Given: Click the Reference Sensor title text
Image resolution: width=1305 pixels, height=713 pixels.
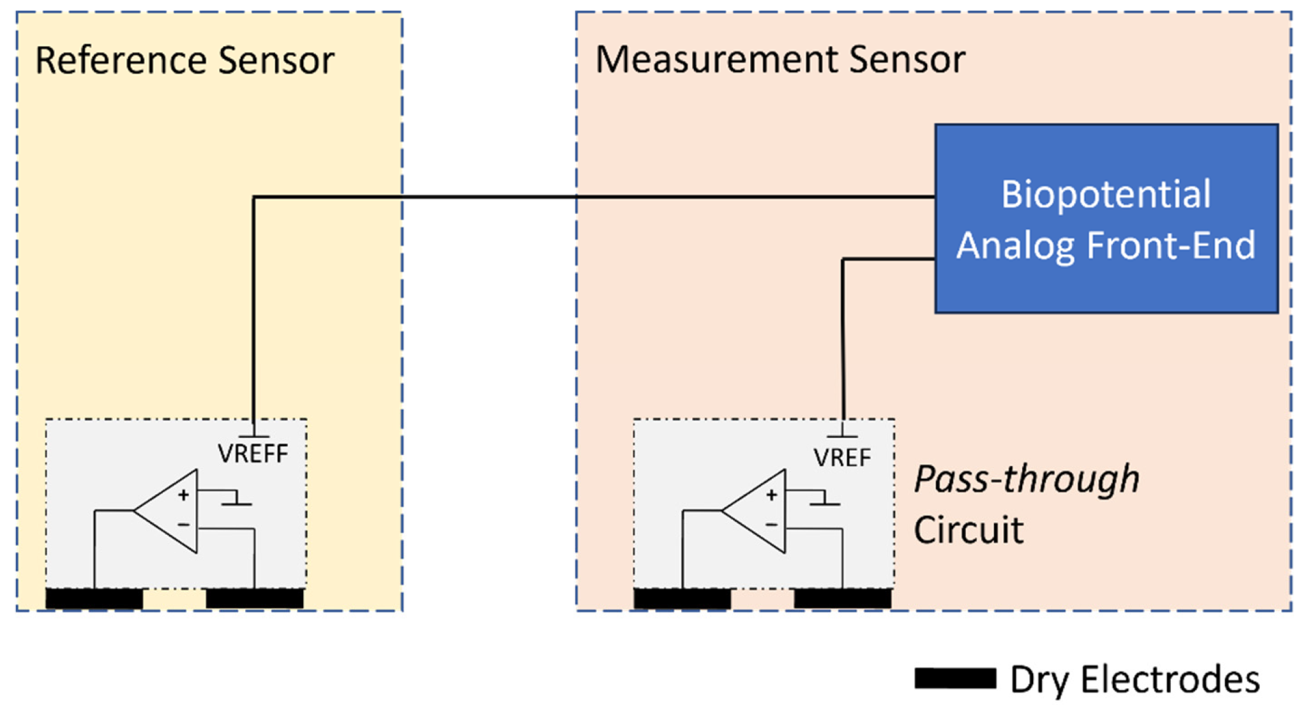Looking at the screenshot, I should [185, 61].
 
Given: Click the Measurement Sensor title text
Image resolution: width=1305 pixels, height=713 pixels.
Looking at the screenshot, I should [780, 60].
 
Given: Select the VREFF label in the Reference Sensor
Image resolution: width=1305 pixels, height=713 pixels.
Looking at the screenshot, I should [253, 454].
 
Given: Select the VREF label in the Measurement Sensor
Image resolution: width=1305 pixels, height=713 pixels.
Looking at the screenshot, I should [841, 458].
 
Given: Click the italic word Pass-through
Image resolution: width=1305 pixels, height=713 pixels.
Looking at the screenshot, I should [1027, 479].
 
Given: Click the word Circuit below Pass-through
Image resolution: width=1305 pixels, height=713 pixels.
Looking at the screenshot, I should [968, 530].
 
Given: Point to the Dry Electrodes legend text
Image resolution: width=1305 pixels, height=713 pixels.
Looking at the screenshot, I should [1135, 679].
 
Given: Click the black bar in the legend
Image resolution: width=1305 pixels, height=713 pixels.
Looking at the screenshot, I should [955, 679].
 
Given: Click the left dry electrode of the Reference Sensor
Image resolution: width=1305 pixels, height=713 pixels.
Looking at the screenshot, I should [94, 599].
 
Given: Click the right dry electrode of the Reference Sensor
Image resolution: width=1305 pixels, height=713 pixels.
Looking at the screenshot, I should [255, 599].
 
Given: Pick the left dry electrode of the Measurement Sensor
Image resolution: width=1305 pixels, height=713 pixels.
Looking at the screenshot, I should [683, 599].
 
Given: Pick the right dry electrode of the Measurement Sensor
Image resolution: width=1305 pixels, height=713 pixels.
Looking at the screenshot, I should [843, 599].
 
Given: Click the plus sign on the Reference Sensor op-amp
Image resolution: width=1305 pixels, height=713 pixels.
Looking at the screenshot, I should [184, 495].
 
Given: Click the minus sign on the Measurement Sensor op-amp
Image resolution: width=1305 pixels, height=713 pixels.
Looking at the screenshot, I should [771, 525].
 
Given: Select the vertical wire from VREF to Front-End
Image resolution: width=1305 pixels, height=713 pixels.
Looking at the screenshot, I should [843, 345].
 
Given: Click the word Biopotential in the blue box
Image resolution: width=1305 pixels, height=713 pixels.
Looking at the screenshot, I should [1106, 194].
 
